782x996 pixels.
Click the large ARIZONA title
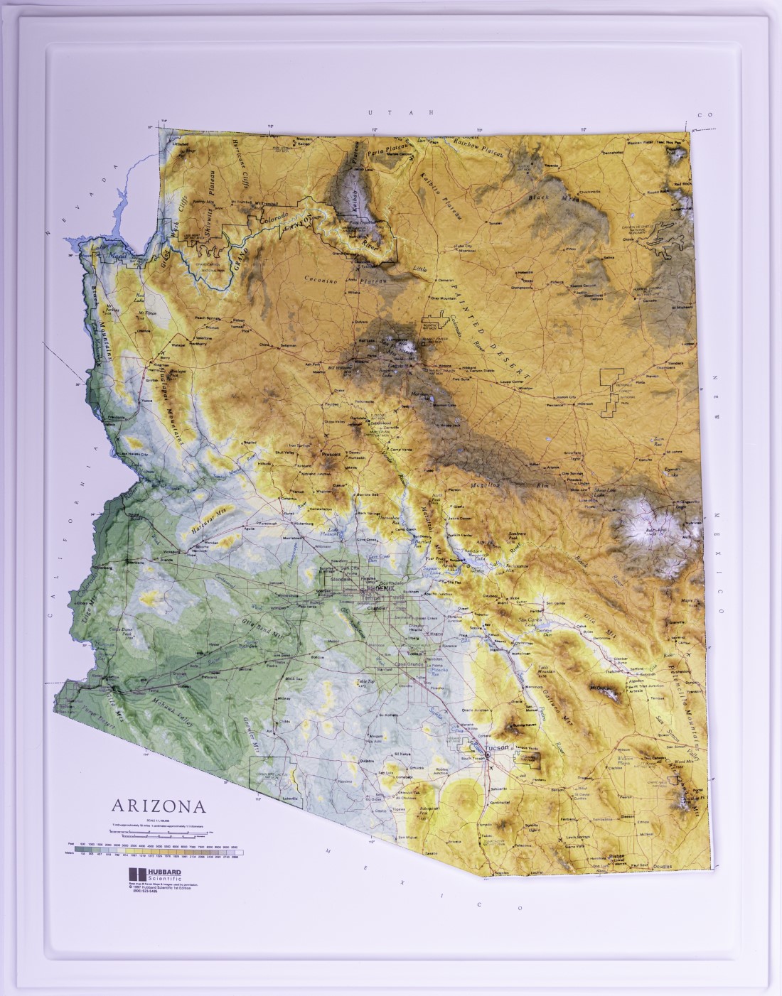coord(158,806)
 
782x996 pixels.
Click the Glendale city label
coord(340,579)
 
